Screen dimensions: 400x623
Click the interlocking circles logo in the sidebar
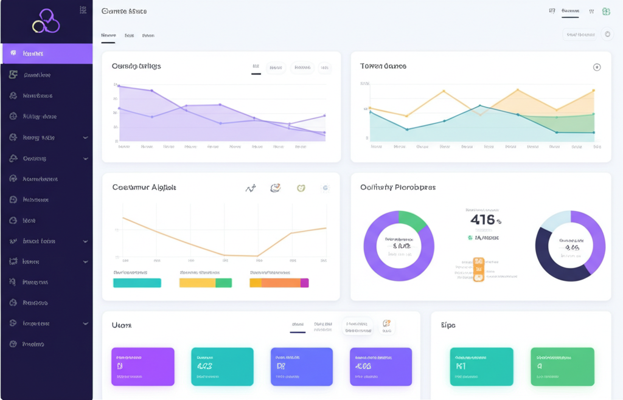click(x=46, y=21)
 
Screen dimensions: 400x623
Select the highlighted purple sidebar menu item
click(x=47, y=53)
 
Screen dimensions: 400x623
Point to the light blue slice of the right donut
click(x=554, y=219)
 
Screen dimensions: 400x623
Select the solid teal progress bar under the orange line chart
click(x=137, y=283)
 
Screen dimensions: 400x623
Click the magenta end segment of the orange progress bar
click(x=304, y=283)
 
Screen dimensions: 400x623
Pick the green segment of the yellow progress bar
click(x=223, y=283)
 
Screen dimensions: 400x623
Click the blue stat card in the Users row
click(x=301, y=367)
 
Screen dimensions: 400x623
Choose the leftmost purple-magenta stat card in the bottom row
click(x=143, y=367)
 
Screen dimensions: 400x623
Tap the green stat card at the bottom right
click(x=562, y=367)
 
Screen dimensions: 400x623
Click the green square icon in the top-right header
click(x=606, y=12)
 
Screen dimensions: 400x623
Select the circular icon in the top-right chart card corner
click(x=597, y=67)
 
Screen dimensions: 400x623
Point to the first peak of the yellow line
click(x=444, y=91)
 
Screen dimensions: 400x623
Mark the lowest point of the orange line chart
click(x=257, y=256)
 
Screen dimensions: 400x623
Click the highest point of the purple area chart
click(x=119, y=86)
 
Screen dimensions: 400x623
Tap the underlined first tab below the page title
click(x=108, y=36)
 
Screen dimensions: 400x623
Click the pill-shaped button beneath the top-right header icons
click(x=580, y=35)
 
